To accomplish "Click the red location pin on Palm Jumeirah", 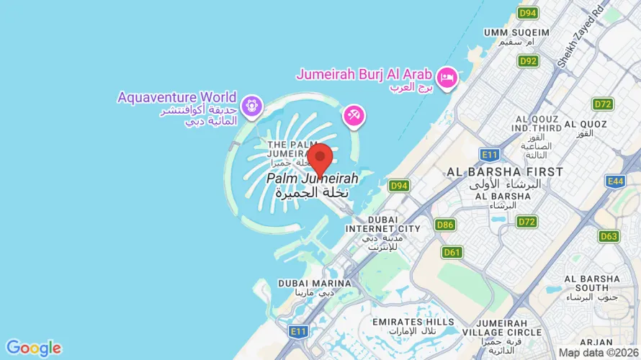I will point(319,157).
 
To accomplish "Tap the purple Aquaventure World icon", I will point(251,106).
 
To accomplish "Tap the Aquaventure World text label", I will point(177,97).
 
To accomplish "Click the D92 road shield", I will point(528,61).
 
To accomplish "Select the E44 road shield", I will point(615,181).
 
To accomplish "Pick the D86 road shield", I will point(445,225).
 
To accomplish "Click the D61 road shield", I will point(452,252).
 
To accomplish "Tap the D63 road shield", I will point(609,236).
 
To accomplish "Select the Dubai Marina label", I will point(315,284).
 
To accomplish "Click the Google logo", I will point(33,348).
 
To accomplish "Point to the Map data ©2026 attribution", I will point(599,353).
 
